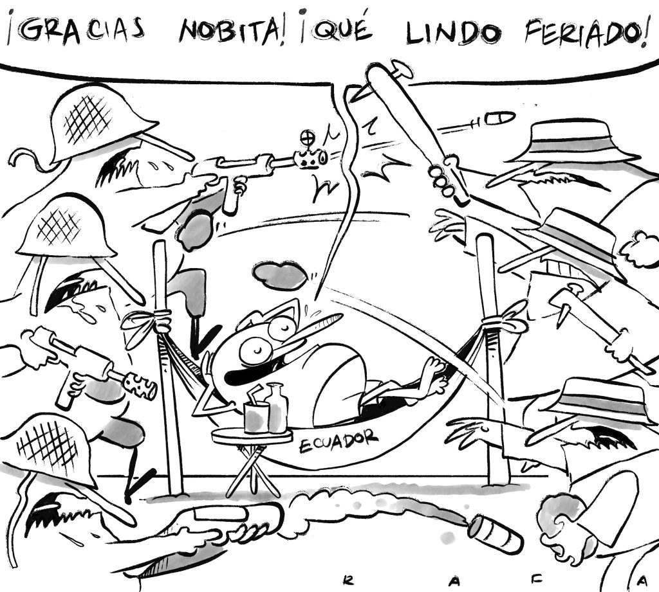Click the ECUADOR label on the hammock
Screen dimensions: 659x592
(339, 440)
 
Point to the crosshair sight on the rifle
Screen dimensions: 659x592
(308, 137)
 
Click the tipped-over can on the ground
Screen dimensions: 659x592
(496, 532)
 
